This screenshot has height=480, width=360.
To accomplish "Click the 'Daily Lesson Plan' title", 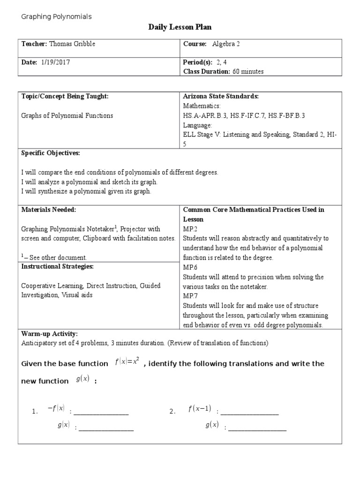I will (180, 28).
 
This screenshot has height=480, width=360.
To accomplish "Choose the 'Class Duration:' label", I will (206, 72).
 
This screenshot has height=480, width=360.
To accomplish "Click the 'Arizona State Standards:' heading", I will (221, 97).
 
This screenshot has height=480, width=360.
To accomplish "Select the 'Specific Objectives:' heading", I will (51, 153).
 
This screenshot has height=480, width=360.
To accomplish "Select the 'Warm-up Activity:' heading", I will (50, 334).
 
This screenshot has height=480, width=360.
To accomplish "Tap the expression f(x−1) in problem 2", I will (200, 409).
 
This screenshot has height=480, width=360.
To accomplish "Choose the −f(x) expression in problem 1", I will (56, 409).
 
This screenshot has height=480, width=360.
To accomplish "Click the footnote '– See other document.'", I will (56, 257).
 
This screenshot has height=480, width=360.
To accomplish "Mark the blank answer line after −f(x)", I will (101, 412).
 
